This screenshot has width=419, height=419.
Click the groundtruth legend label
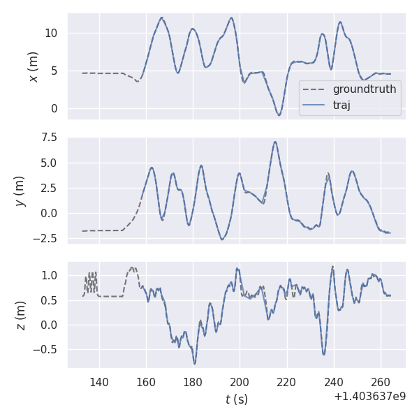(364, 89)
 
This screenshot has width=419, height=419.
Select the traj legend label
(341, 105)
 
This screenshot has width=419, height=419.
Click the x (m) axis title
(33, 66)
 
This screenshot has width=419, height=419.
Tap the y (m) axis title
(20, 190)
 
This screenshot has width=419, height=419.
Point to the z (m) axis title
(20, 315)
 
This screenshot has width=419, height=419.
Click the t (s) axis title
(236, 399)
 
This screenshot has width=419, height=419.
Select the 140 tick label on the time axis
(99, 382)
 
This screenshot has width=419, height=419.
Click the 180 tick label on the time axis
(193, 382)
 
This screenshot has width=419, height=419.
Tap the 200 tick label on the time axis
(240, 382)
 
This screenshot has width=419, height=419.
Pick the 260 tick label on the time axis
(381, 382)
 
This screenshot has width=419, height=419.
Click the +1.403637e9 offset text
(370, 397)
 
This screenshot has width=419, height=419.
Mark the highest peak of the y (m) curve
(275, 142)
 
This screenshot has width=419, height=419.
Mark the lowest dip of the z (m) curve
(195, 364)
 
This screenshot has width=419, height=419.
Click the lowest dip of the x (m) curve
(279, 115)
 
